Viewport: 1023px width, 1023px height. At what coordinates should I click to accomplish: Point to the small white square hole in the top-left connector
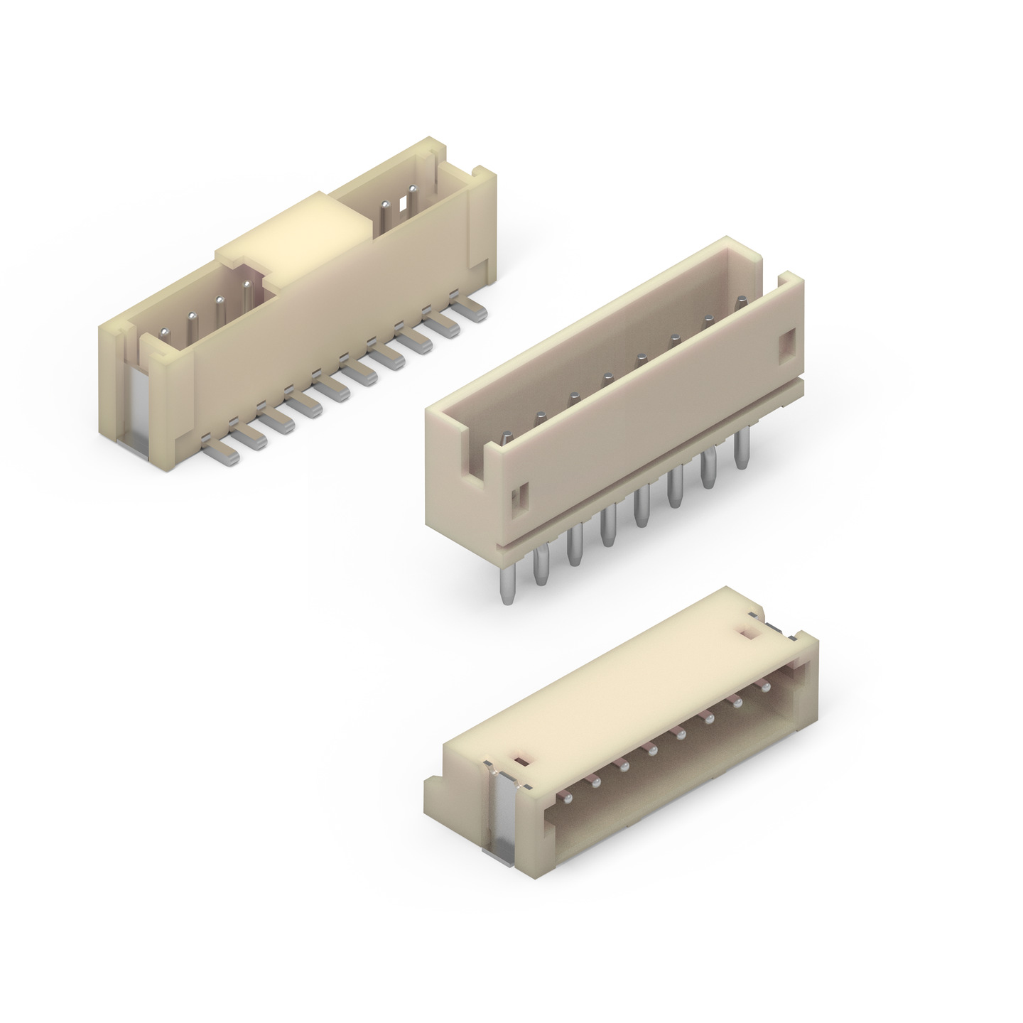point(404,204)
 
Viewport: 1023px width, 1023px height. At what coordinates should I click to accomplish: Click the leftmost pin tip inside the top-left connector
point(164,332)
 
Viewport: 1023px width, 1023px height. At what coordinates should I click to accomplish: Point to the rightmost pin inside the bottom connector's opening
point(765,688)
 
